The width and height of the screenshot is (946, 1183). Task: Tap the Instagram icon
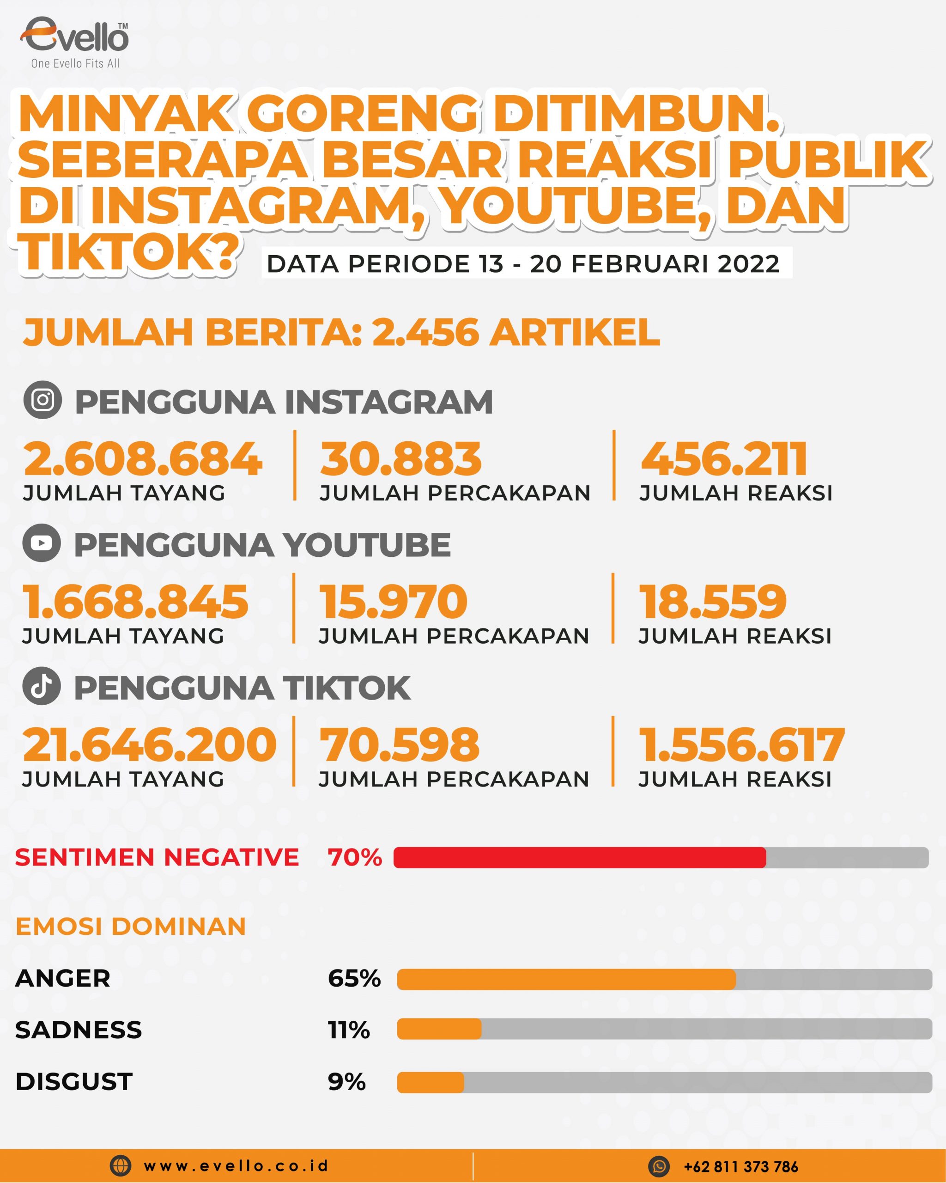coord(42,400)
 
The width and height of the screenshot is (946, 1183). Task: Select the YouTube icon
coord(42,543)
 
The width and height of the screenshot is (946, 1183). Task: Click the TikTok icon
coord(42,686)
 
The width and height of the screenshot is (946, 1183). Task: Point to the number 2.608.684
coord(143,459)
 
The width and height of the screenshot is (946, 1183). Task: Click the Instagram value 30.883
coord(401,459)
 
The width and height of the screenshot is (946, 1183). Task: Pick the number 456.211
coord(724,459)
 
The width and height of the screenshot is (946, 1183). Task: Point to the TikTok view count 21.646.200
coord(149,744)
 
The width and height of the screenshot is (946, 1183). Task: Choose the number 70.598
coord(399,744)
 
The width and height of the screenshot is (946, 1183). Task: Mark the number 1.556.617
coord(741,744)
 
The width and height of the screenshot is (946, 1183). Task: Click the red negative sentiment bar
coord(579,857)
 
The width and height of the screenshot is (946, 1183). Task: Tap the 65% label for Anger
coord(354,978)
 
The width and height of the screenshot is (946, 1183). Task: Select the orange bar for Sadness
coord(439,1029)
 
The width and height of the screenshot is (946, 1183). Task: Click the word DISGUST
coord(74,1081)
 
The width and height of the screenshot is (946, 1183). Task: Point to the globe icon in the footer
coord(121,1165)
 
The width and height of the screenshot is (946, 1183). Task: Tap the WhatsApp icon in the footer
coord(659,1166)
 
